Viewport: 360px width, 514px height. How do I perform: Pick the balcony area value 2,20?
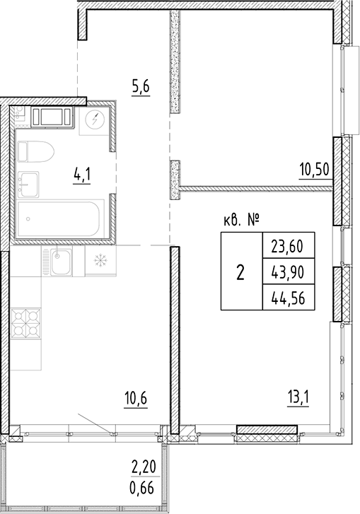pyautogui.click(x=143, y=467)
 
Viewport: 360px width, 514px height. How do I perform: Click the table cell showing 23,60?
pyautogui.click(x=287, y=247)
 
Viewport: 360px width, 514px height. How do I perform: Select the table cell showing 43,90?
pyautogui.click(x=287, y=273)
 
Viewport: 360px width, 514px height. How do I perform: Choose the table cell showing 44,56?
pyautogui.click(x=287, y=298)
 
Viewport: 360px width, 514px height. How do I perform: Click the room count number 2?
pyautogui.click(x=240, y=273)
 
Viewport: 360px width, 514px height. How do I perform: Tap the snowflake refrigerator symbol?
pyautogui.click(x=98, y=262)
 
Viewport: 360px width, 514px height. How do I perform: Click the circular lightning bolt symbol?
pyautogui.click(x=94, y=121)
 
